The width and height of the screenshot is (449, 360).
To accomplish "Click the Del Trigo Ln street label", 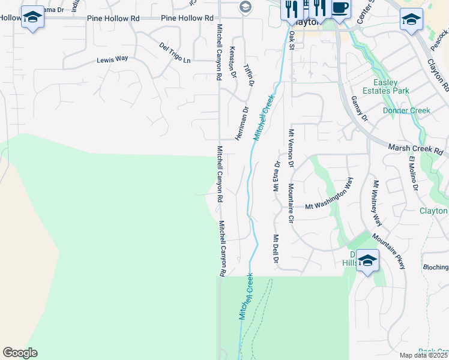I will pos(175,52).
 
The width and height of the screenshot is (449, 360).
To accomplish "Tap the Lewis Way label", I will pos(113,59).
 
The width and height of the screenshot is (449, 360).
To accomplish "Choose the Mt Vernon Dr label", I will pos(291,148).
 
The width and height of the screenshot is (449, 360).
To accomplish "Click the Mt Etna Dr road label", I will pos(277,172).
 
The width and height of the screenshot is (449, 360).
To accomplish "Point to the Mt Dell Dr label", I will pos(276,250).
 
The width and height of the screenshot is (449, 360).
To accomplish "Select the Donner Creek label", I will pos(407,110).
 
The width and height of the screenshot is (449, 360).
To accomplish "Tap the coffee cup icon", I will pos(340,9).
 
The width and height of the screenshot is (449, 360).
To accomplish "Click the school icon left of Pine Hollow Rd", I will pos(32,17).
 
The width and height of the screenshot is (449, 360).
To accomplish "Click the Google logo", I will pos(20,353).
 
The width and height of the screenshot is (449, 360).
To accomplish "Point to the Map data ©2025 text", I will pos(424,355).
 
